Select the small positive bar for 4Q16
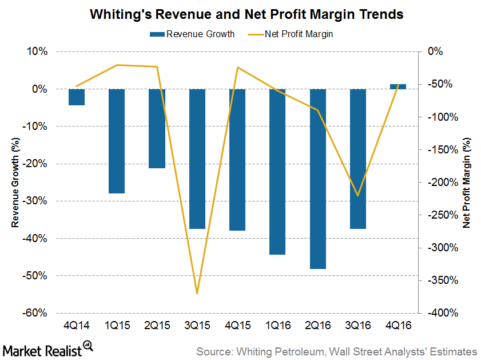click(398, 86)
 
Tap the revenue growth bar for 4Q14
click(77, 97)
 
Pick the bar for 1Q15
click(117, 141)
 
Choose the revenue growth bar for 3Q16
click(358, 159)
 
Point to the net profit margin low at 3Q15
click(197, 293)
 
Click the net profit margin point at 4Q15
click(237, 68)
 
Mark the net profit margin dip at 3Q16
click(358, 195)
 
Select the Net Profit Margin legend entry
click(299, 34)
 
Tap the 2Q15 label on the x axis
click(157, 325)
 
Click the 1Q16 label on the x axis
click(277, 325)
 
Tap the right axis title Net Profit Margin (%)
click(466, 182)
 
